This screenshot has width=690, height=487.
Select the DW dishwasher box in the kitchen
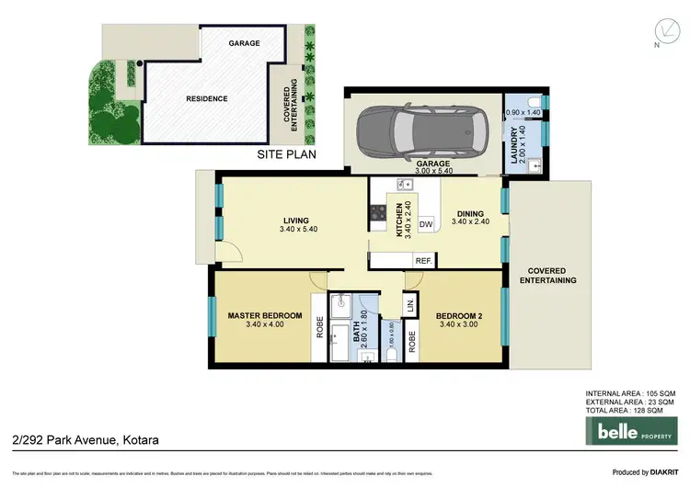(x=426, y=223)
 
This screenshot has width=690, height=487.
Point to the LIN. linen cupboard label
(x=410, y=302)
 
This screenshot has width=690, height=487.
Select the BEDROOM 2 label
(x=460, y=318)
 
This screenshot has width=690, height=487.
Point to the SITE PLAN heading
(x=286, y=155)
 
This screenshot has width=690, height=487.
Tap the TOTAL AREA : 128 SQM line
(x=629, y=410)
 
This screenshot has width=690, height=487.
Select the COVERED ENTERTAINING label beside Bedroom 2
(x=547, y=276)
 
